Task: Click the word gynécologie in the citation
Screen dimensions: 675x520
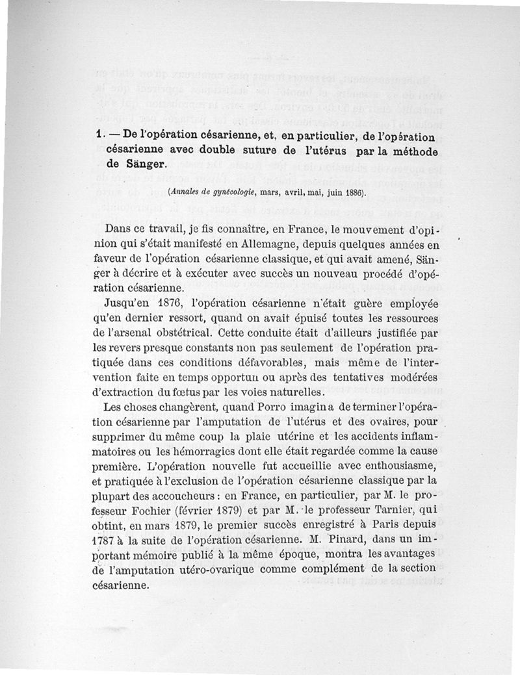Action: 238,192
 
